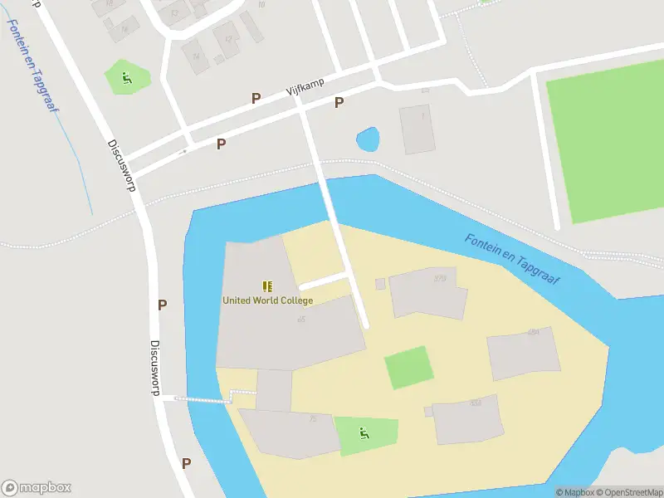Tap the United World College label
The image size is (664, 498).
click(x=267, y=300)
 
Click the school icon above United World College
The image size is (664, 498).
click(x=267, y=286)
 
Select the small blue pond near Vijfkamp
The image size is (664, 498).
click(x=367, y=139)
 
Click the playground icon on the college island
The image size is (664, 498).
click(x=364, y=432)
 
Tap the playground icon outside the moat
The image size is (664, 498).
click(x=127, y=78)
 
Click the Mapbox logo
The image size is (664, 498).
click(x=37, y=487)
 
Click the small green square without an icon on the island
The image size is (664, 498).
click(x=408, y=367)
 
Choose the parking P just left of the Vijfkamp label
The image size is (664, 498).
click(x=256, y=98)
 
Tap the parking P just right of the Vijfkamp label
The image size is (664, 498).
click(x=339, y=102)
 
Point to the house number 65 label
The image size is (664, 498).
click(x=301, y=320)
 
